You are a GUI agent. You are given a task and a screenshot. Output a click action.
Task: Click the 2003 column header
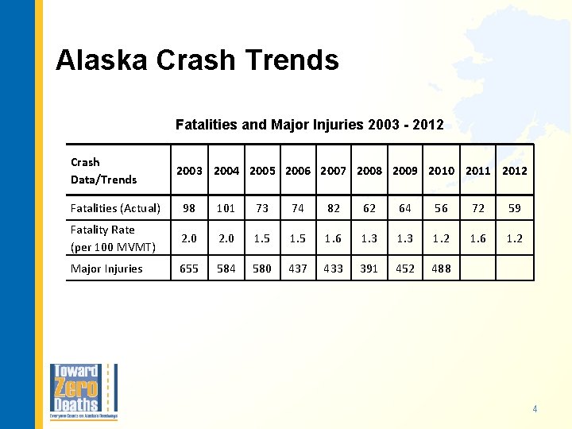click(x=189, y=170)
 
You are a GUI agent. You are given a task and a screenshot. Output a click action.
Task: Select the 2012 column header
click(x=514, y=170)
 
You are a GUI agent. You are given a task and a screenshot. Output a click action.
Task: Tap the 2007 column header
click(x=334, y=170)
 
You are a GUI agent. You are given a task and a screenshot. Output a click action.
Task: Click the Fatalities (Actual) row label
click(x=116, y=208)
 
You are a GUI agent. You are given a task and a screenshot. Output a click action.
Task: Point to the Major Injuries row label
click(x=106, y=269)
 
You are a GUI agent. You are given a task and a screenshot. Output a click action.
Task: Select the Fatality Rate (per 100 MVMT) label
click(x=110, y=238)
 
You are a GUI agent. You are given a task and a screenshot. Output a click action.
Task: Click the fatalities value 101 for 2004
click(x=226, y=208)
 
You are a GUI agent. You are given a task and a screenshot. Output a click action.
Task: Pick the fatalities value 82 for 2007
click(x=334, y=208)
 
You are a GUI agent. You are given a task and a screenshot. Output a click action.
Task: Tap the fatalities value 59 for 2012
click(x=514, y=208)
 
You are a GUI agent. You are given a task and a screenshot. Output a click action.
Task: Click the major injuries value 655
click(x=189, y=269)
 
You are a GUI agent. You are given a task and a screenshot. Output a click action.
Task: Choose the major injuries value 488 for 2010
click(x=441, y=269)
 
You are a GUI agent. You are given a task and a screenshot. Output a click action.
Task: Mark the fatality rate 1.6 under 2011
click(x=477, y=238)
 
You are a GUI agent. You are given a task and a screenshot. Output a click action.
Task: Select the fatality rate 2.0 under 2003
click(x=189, y=238)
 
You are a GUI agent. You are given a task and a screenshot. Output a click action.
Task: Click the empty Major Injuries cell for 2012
click(x=514, y=269)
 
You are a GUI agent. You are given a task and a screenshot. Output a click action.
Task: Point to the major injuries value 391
click(x=369, y=269)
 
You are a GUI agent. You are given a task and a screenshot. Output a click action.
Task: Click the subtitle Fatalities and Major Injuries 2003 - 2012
click(x=309, y=125)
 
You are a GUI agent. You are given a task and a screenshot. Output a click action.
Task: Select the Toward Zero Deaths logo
click(x=84, y=392)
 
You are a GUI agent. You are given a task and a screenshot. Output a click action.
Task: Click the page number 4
click(x=535, y=409)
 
